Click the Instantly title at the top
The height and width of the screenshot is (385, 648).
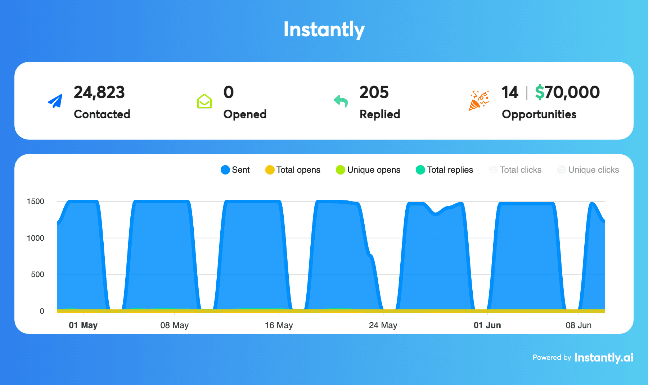pyautogui.click(x=324, y=30)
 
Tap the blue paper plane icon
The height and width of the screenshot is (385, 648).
pyautogui.click(x=55, y=101)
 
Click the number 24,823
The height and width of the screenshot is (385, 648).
pyautogui.click(x=99, y=92)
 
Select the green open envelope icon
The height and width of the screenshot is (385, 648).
pyautogui.click(x=204, y=101)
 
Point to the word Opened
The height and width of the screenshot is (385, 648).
pyautogui.click(x=245, y=114)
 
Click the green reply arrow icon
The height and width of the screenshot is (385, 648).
pyautogui.click(x=341, y=101)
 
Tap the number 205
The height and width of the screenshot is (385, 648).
pyautogui.click(x=374, y=92)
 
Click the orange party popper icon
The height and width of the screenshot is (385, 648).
pyautogui.click(x=478, y=100)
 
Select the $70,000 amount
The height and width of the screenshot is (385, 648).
pyautogui.click(x=567, y=92)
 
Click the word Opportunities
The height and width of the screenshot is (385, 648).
pyautogui.click(x=539, y=114)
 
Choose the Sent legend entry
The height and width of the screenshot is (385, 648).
pyautogui.click(x=235, y=170)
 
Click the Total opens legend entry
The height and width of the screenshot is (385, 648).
pyautogui.click(x=293, y=170)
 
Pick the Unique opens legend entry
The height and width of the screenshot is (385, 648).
pyautogui.click(x=368, y=170)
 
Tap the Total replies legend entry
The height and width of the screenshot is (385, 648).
pyautogui.click(x=444, y=170)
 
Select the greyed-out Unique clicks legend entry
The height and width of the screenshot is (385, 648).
pyautogui.click(x=588, y=170)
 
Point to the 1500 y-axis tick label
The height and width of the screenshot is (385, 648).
pyautogui.click(x=36, y=201)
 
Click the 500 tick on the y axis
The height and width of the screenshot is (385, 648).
pyautogui.click(x=37, y=275)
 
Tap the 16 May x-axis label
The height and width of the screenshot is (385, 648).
pyautogui.click(x=279, y=325)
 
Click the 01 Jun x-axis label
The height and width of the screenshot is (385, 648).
pyautogui.click(x=487, y=325)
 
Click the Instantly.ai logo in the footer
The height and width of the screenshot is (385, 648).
pyautogui.click(x=604, y=357)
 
